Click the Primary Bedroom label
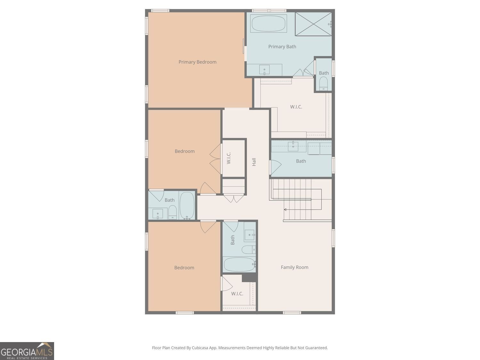pos(197,62)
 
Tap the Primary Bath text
pos(282,46)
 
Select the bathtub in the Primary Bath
pos(268,24)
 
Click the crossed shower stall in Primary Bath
pos(313,24)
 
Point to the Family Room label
pos(295,267)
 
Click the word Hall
pos(254,162)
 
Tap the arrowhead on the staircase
pos(285,210)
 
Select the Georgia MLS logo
pos(27,351)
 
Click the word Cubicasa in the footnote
pos(200,348)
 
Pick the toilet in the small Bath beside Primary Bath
pos(324,84)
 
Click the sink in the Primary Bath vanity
pos(264,70)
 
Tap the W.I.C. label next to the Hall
pos(229,158)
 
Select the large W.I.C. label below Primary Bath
pos(296,107)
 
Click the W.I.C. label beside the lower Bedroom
pos(237,293)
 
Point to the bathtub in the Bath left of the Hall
pos(187,205)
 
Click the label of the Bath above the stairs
pos(301,161)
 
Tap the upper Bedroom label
pos(185,151)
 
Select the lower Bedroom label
pos(184,268)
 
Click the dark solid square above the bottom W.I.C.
pos(249,277)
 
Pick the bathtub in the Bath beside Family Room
pos(239,264)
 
